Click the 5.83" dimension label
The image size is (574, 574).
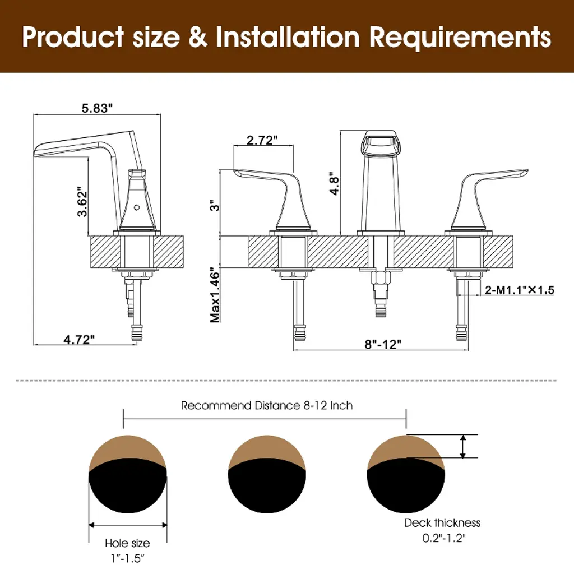97,108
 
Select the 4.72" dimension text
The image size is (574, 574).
79,339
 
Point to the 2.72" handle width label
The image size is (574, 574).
262,140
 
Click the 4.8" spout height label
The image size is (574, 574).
335,183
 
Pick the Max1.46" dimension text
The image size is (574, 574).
215,297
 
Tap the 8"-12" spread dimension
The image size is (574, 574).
383,344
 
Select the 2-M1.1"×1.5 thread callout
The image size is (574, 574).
520,290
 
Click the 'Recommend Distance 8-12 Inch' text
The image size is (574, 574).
267,406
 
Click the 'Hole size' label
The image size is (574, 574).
127,543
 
